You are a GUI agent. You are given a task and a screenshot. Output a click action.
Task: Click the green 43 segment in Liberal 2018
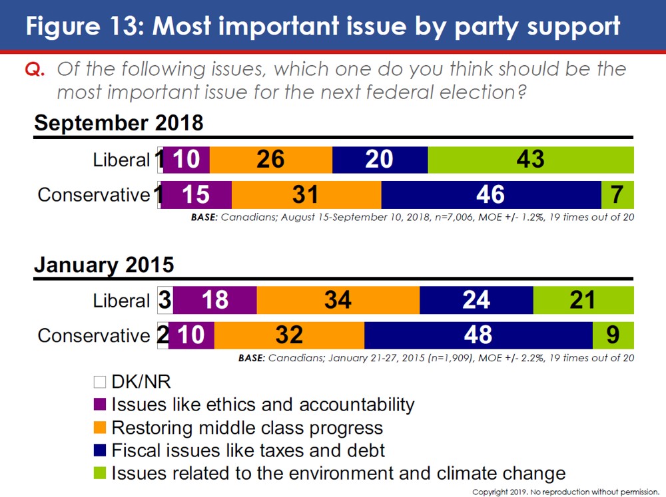[x=530, y=160]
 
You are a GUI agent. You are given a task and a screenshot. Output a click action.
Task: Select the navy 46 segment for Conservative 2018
[x=491, y=194]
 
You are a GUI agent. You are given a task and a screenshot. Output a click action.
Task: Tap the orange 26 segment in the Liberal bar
[x=270, y=160]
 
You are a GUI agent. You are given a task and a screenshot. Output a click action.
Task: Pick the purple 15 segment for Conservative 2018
[x=196, y=194]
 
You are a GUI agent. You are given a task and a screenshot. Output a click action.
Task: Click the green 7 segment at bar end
[x=617, y=194]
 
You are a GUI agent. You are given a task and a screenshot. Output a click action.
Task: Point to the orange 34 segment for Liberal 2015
[x=338, y=300]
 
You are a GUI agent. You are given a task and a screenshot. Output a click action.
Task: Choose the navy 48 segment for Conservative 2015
[x=478, y=335]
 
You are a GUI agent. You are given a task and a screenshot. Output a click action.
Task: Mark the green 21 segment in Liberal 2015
[x=583, y=300]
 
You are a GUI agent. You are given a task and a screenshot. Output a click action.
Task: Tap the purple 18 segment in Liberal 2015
[x=214, y=300]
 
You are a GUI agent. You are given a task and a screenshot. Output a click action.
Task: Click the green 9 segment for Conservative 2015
[x=613, y=335]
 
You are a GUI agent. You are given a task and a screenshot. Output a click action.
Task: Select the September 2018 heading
[x=119, y=123]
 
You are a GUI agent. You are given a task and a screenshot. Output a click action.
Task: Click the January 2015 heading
[x=104, y=264]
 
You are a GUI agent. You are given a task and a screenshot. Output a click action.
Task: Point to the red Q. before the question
[x=35, y=70]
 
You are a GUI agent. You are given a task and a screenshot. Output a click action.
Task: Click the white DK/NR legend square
[x=100, y=382]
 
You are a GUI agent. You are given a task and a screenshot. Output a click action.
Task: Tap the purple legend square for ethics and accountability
[x=100, y=405]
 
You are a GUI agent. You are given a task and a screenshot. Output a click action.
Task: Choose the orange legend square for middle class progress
[x=100, y=427]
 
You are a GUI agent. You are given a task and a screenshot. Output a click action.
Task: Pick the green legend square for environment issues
[x=100, y=473]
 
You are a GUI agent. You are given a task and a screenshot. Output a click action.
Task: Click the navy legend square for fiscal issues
[x=100, y=450]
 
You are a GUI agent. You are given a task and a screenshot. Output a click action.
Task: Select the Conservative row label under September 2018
[x=93, y=194]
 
